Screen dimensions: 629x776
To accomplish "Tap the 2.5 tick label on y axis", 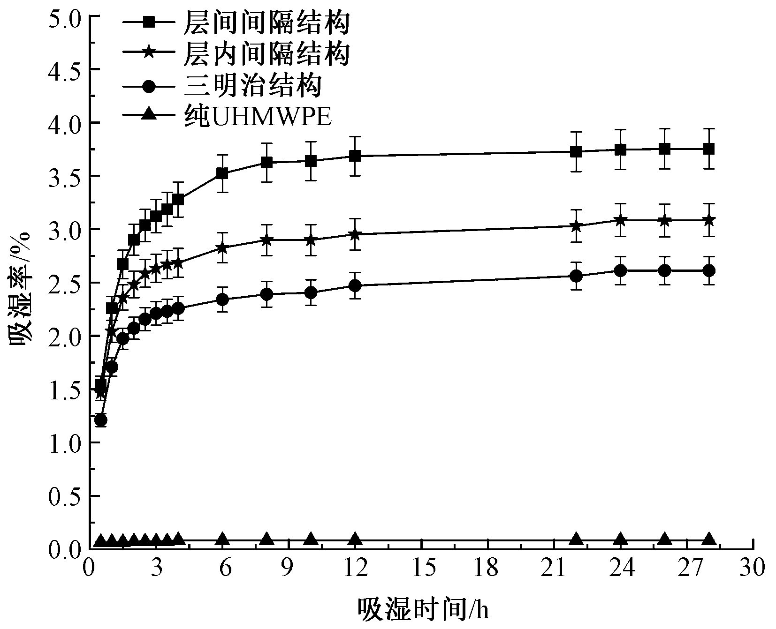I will pos(64,283).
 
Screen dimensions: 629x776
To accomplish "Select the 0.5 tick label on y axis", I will pos(64,496).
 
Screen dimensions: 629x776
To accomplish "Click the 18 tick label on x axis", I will pos(488,569).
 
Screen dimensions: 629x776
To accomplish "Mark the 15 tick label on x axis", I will pos(422,569).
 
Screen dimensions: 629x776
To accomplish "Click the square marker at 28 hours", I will pos(709,149).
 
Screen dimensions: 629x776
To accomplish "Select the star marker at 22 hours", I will pos(576,225).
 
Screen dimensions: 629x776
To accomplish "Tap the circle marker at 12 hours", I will pos(355,285).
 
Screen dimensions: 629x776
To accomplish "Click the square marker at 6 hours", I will pos(222,173).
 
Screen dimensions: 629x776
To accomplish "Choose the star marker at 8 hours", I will pos(266,240).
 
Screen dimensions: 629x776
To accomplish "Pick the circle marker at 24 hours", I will pos(621,270).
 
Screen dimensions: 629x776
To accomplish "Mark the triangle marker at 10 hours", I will pos(311,539).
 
